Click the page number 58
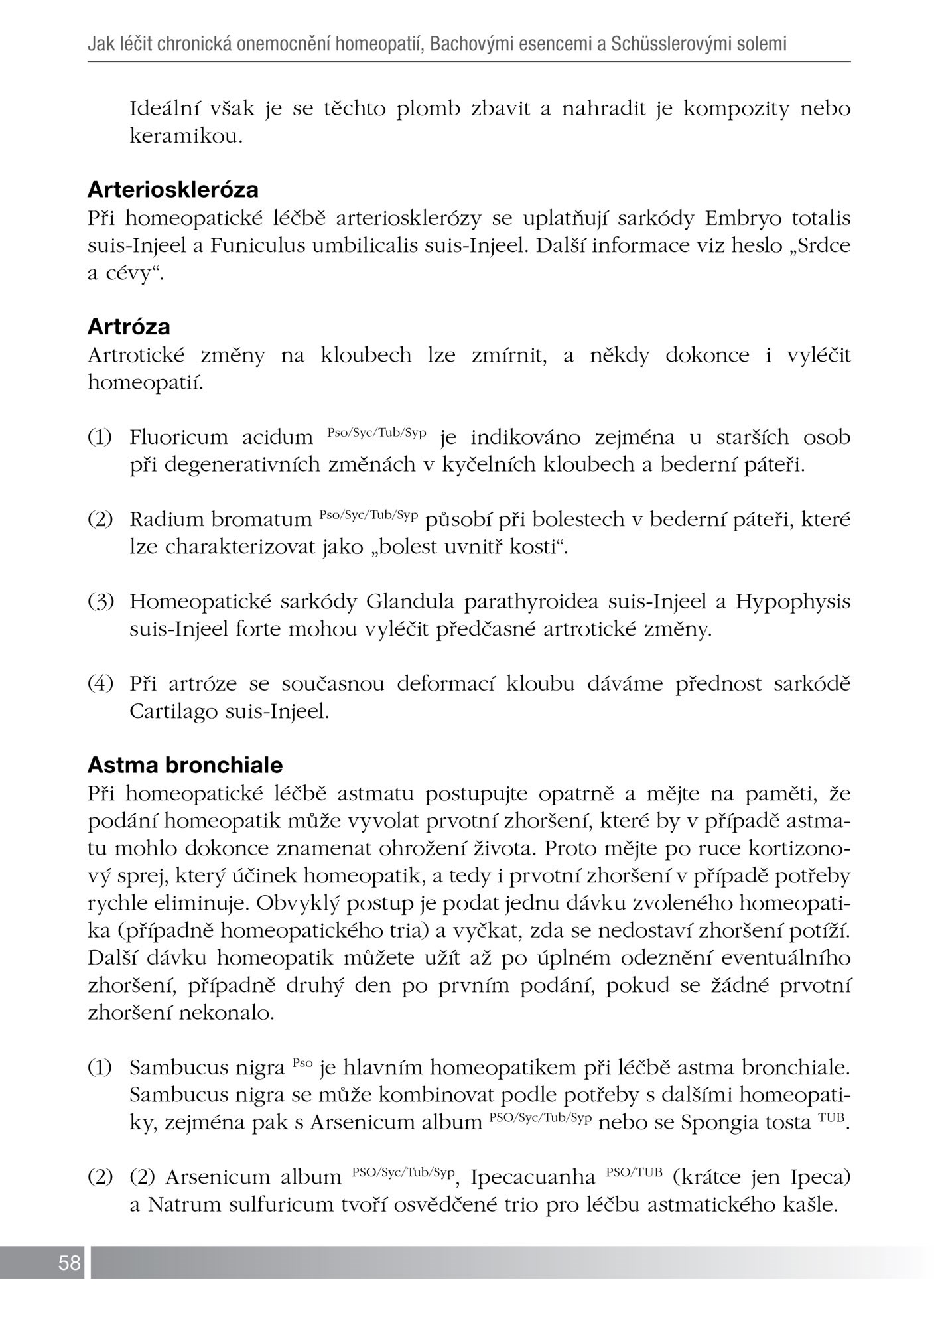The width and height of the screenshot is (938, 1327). (x=69, y=1263)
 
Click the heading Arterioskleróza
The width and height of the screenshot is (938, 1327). (x=173, y=190)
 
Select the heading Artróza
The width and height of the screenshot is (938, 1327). (x=129, y=327)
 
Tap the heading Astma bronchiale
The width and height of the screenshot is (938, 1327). (x=185, y=765)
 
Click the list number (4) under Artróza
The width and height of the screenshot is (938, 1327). (x=101, y=684)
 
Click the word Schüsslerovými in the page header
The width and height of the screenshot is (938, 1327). (x=676, y=45)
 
